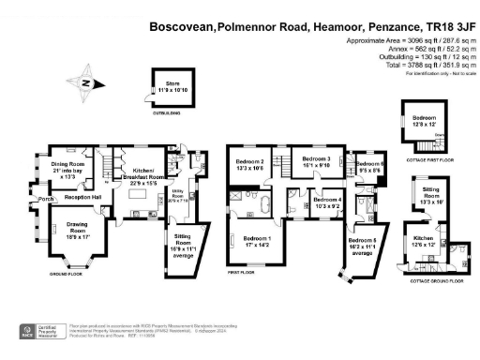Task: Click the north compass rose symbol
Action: [87, 83]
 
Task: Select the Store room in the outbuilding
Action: [171, 88]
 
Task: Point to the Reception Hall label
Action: [83, 198]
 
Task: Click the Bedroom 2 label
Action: [248, 165]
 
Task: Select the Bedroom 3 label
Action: [318, 162]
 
